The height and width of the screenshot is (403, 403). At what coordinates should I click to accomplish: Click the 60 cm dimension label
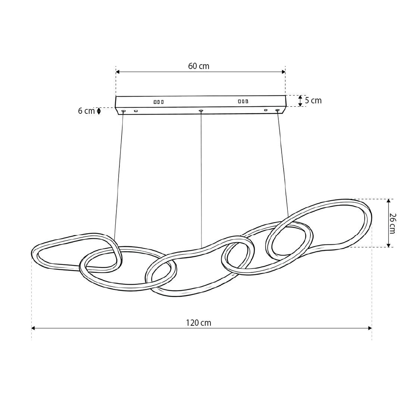[x=199, y=66]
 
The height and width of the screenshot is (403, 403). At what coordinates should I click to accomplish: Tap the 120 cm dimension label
[x=199, y=323]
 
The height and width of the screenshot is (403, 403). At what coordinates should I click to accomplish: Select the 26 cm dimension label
[x=393, y=224]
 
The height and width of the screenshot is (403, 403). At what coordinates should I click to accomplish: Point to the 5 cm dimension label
[x=313, y=100]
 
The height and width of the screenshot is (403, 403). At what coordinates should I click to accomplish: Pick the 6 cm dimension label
[x=86, y=111]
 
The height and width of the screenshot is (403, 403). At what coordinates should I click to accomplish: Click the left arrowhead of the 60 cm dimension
[x=118, y=72]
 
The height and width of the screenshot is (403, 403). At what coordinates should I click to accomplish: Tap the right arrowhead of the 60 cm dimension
[x=284, y=72]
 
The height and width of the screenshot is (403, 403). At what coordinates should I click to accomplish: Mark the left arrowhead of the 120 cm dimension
[x=33, y=328]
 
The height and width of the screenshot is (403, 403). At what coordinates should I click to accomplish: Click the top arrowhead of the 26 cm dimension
[x=388, y=201]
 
